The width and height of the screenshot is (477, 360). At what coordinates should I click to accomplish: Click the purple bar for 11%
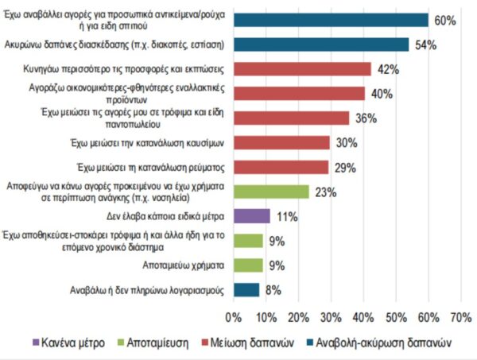coord(252,215)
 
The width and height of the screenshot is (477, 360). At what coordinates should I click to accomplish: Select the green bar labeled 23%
coord(271,191)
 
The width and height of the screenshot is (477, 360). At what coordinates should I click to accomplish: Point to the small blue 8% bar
coord(246,289)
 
